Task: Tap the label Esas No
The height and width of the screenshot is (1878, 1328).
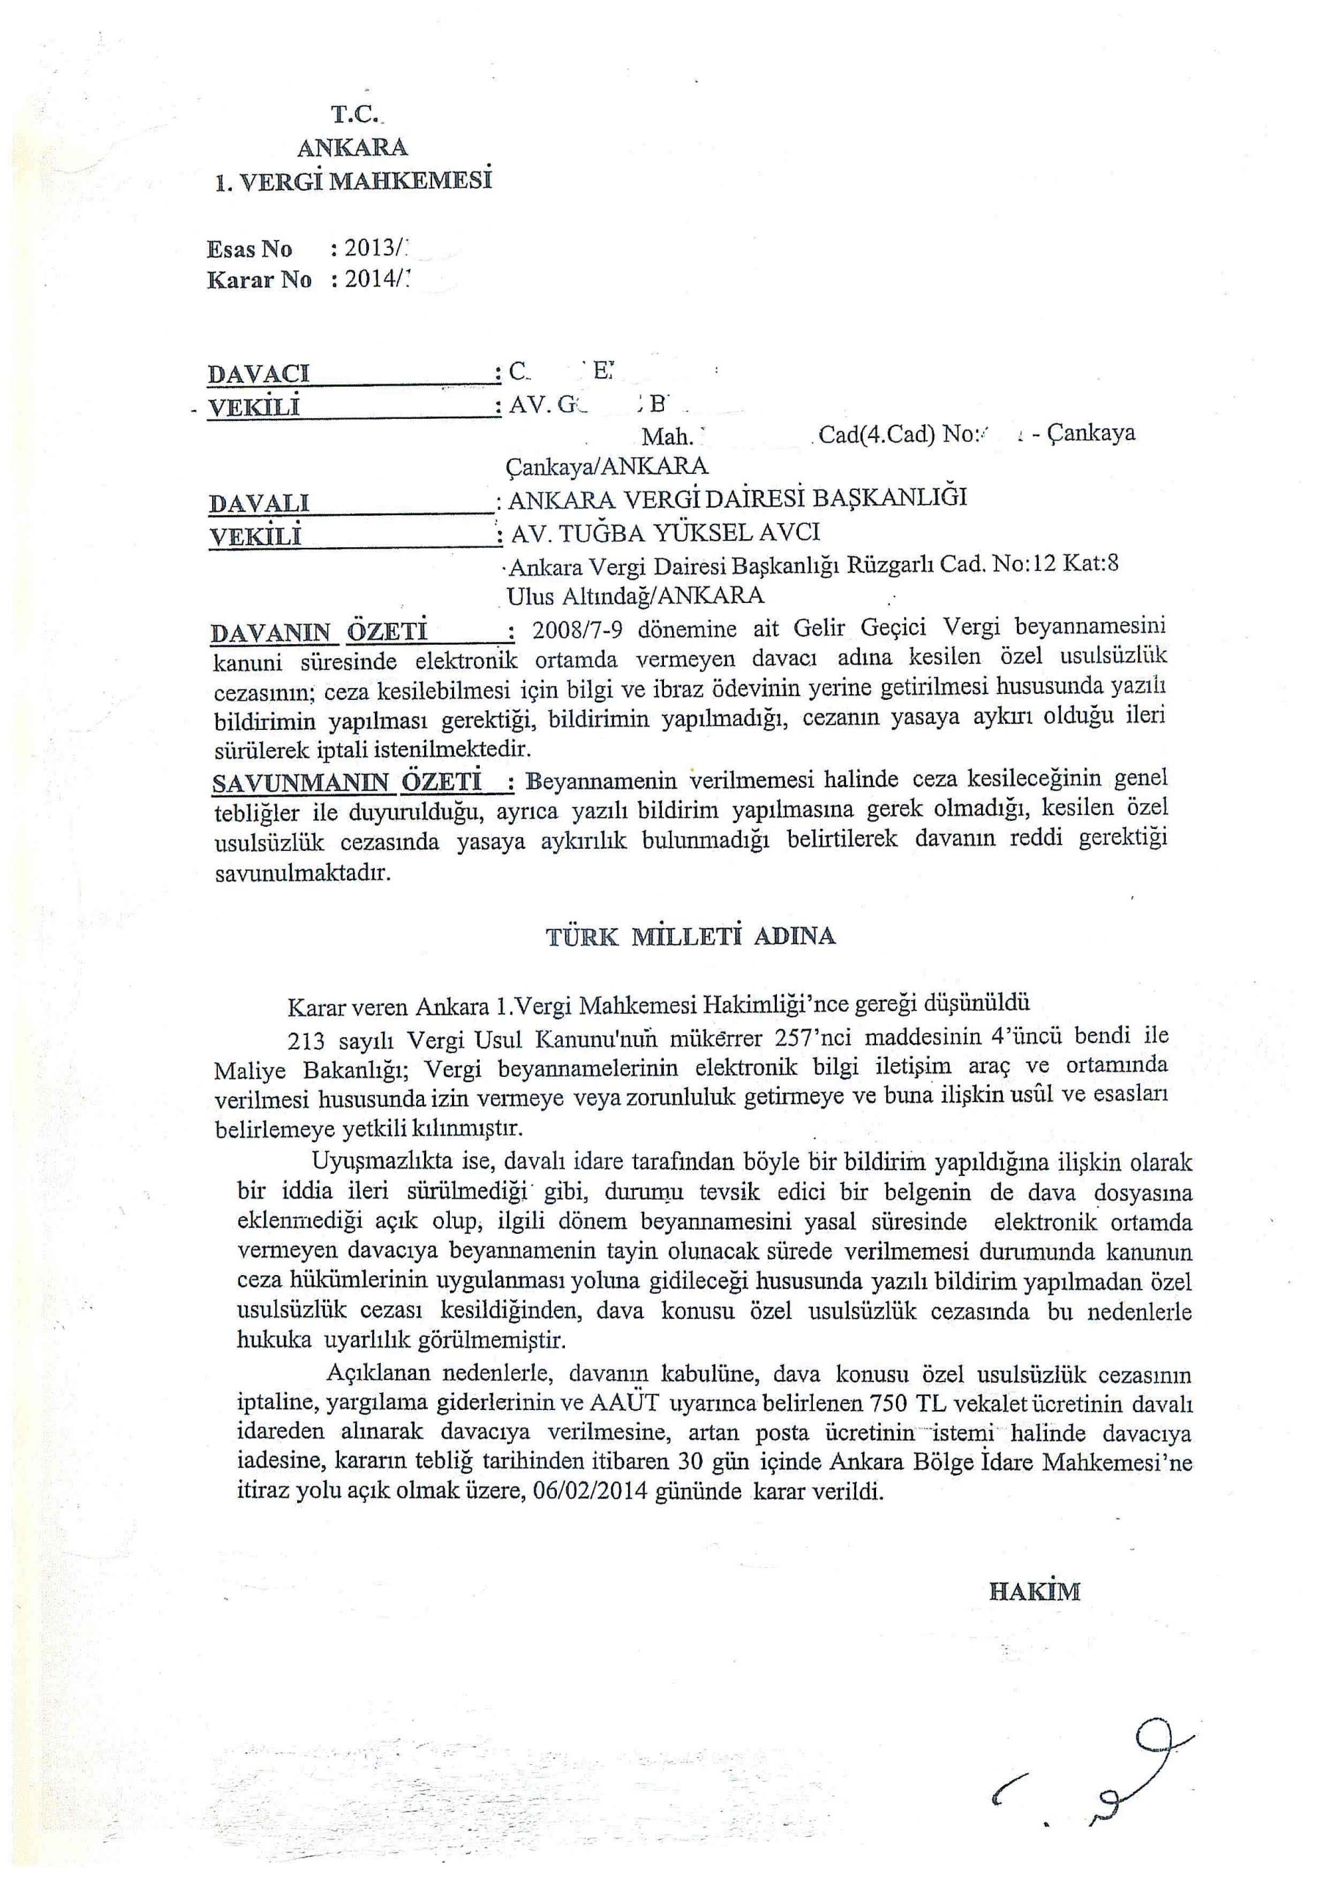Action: point(249,249)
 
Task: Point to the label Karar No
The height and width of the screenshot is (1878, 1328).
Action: point(260,280)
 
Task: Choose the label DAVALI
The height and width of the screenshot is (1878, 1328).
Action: point(258,503)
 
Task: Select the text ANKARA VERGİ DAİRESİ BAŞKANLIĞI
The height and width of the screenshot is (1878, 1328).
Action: point(737,498)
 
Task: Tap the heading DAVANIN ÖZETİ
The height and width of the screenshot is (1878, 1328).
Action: point(319,632)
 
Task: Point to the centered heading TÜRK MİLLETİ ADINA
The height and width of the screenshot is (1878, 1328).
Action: point(691,936)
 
